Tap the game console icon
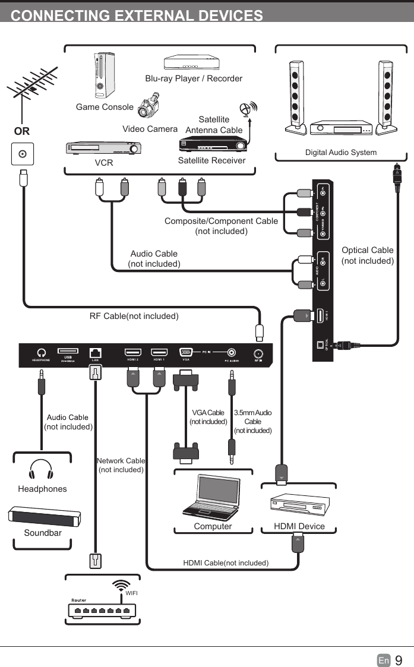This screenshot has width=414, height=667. click(x=104, y=75)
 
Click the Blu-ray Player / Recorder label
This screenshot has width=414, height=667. click(x=194, y=78)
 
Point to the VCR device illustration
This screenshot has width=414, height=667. click(x=103, y=148)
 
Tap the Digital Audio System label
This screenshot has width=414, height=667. click(x=340, y=153)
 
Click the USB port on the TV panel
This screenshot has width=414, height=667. click(x=68, y=351)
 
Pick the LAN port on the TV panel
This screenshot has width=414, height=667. click(x=95, y=352)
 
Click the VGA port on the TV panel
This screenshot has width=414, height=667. click(x=185, y=352)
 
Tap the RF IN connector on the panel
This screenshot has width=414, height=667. click(x=259, y=352)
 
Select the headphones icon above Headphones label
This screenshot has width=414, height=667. click(x=41, y=469)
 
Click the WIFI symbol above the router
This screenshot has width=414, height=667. click(x=124, y=585)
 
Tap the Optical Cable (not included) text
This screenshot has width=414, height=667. click(x=367, y=255)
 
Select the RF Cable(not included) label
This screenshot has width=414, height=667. click(x=134, y=316)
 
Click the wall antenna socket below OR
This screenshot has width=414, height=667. click(x=23, y=154)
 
